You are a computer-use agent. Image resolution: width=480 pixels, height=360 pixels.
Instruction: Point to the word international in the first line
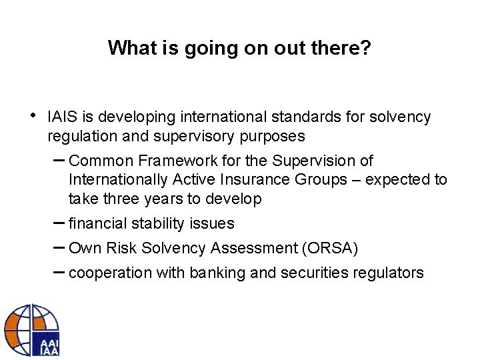click(227, 117)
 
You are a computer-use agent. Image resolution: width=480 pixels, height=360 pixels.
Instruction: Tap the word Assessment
click(254, 248)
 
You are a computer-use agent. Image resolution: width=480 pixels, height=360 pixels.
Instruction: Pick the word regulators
click(392, 273)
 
